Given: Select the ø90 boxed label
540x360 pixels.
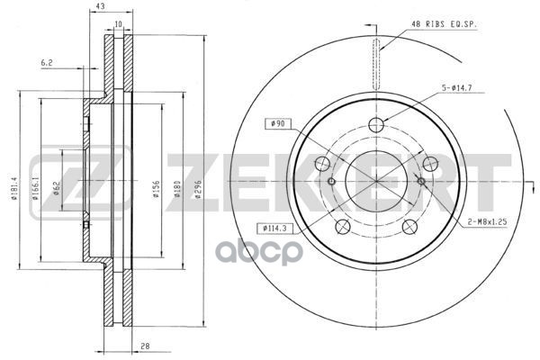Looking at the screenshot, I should tap(277, 123).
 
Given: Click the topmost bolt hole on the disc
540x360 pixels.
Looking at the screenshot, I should tap(376, 125).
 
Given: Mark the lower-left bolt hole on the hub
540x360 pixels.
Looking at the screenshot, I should tap(342, 227).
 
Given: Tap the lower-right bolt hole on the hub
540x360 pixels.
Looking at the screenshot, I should tap(410, 227).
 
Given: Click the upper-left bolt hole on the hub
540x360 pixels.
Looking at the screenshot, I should tap(321, 163).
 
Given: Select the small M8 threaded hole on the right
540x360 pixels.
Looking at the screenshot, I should tap(421, 182).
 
